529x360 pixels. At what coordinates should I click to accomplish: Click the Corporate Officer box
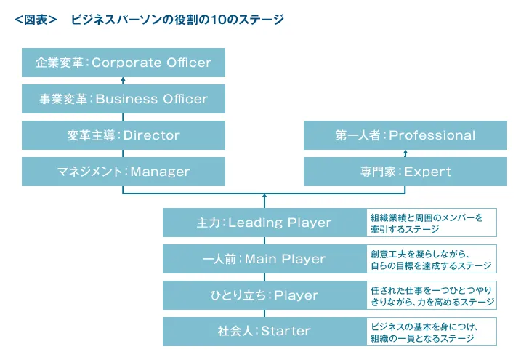pyautogui.click(x=124, y=63)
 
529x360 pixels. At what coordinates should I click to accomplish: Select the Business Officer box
pyautogui.click(x=124, y=99)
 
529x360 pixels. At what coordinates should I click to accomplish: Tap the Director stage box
pyautogui.click(x=124, y=135)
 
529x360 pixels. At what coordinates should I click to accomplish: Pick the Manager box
pyautogui.click(x=124, y=172)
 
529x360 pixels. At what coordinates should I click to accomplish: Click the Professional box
pyautogui.click(x=405, y=135)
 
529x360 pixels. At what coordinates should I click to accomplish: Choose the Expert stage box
pyautogui.click(x=405, y=172)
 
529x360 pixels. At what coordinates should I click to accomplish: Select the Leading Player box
pyautogui.click(x=264, y=223)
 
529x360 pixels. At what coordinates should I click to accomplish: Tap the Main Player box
pyautogui.click(x=264, y=259)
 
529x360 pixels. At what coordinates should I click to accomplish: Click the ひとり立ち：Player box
pyautogui.click(x=264, y=295)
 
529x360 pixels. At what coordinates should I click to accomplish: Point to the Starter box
pyautogui.click(x=264, y=332)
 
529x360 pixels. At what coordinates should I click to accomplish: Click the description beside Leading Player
pyautogui.click(x=432, y=223)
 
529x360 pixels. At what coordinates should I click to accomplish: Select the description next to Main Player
pyautogui.click(x=432, y=259)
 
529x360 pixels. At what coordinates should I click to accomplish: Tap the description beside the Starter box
pyautogui.click(x=432, y=332)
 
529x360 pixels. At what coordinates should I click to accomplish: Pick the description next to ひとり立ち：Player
pyautogui.click(x=432, y=295)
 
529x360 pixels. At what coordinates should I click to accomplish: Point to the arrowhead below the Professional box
pyautogui.click(x=405, y=153)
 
